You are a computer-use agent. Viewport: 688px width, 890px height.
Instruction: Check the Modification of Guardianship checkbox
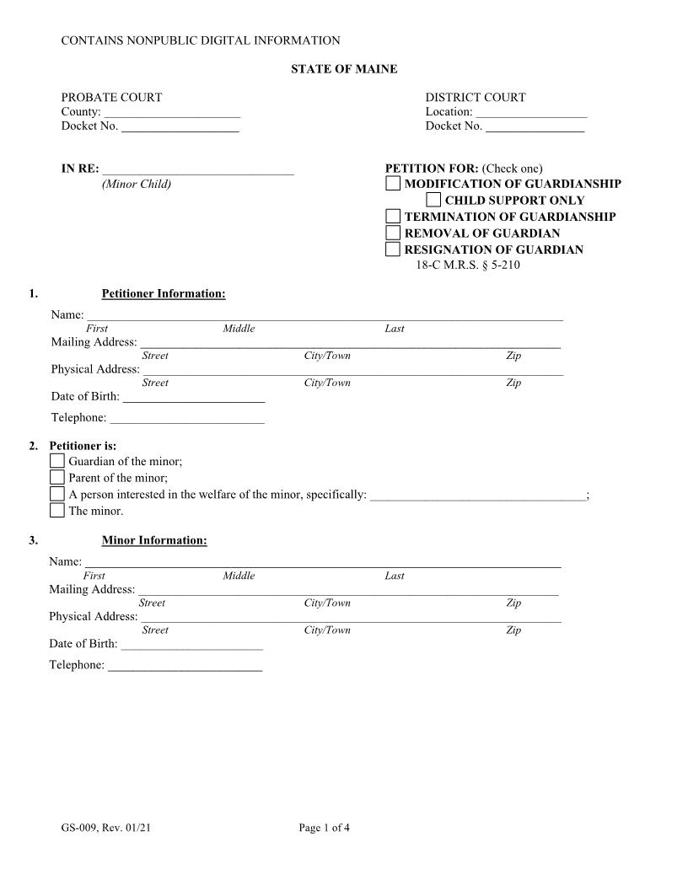click(393, 184)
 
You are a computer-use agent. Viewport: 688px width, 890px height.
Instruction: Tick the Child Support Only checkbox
click(433, 201)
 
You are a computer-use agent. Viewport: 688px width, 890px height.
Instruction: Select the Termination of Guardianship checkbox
click(393, 217)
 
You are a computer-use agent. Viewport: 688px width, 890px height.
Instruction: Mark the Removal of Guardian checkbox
click(393, 233)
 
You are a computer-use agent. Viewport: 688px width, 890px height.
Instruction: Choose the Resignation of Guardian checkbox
click(393, 249)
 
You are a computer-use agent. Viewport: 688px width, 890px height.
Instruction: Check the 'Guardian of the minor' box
click(56, 461)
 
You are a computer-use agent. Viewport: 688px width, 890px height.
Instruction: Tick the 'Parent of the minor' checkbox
click(56, 478)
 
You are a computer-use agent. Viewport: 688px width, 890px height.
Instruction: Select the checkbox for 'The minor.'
click(56, 511)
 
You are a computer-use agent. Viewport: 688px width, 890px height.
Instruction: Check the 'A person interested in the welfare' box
click(56, 495)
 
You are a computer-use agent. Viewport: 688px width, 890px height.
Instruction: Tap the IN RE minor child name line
click(198, 170)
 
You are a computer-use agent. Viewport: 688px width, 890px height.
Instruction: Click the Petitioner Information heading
click(164, 294)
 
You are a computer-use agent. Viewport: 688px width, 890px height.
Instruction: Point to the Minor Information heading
click(154, 540)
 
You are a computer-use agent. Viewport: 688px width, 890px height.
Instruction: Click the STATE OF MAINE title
click(344, 69)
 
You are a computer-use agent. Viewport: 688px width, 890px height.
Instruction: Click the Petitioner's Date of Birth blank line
click(194, 398)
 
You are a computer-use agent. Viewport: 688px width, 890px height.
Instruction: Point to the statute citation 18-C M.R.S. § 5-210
click(473, 265)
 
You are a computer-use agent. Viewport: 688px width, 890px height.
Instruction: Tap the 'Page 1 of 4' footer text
click(324, 828)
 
